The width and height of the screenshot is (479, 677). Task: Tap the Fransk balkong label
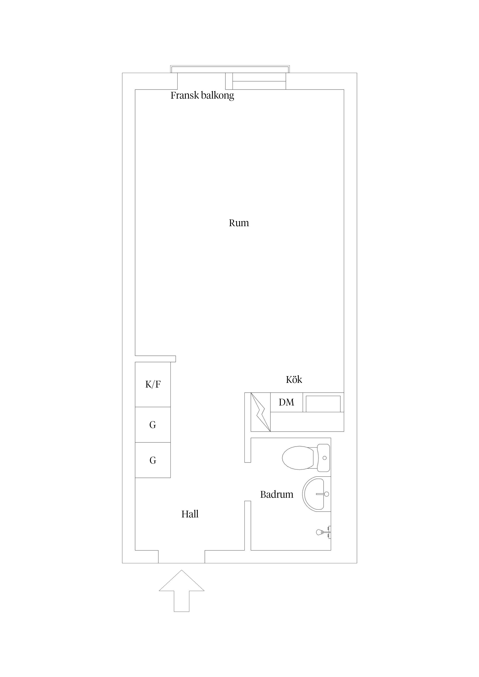click(202, 96)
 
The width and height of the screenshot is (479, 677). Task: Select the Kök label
click(294, 379)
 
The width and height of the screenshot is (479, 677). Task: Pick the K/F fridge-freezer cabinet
click(153, 384)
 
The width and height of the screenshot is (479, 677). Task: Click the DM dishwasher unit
click(287, 402)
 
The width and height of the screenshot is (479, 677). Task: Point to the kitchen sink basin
click(323, 404)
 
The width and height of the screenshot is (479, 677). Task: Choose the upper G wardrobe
click(153, 425)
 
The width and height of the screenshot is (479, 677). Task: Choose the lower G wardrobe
click(153, 460)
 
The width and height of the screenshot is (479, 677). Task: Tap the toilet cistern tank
click(324, 458)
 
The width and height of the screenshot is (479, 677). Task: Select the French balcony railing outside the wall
click(230, 69)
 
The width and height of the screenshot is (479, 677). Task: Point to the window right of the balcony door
click(259, 81)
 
